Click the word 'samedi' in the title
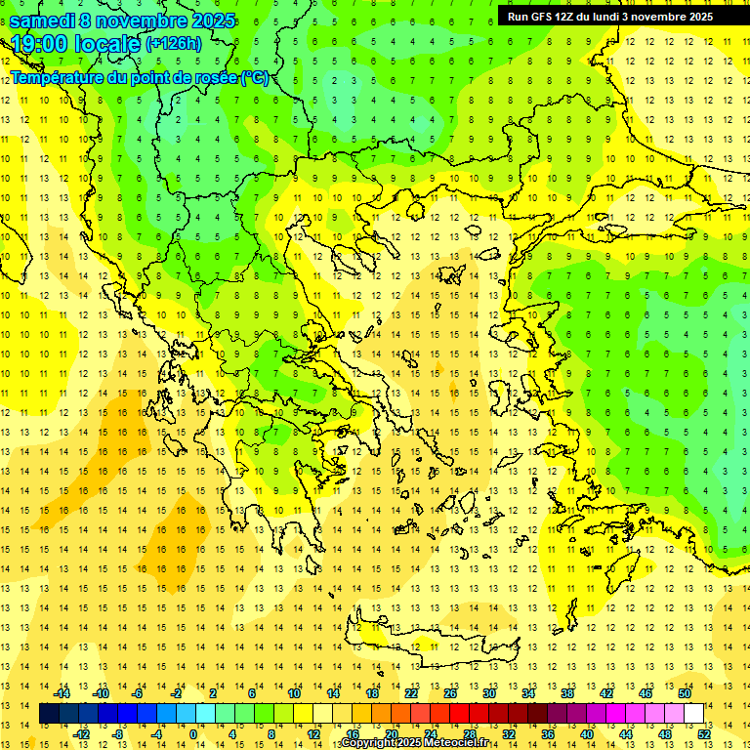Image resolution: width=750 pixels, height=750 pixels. [x=47, y=21]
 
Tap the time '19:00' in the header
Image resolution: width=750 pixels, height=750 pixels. [x=41, y=44]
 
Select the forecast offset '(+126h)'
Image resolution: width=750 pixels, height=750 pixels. [x=174, y=44]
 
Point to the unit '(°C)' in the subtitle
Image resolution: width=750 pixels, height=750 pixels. [x=255, y=77]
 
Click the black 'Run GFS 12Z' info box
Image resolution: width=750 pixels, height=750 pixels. [x=610, y=17]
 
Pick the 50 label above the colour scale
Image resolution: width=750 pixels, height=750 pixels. [x=685, y=693]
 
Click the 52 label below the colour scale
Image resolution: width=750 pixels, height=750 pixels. [x=704, y=734]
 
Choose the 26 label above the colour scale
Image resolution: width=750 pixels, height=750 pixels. [x=449, y=693]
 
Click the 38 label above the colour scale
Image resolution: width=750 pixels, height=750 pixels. [x=567, y=693]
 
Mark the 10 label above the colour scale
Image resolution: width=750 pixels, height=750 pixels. [x=293, y=693]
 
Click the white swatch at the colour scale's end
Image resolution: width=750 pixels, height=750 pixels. [x=693, y=714]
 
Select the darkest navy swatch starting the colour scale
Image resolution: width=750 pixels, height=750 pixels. [x=50, y=714]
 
